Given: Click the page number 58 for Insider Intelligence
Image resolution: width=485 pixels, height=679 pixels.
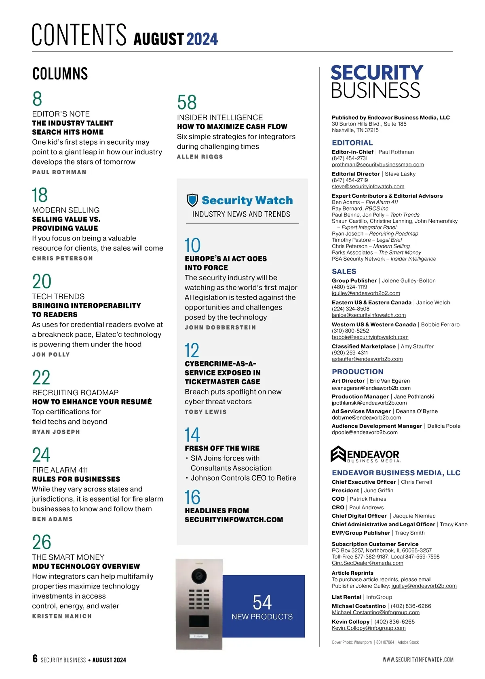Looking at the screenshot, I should point(187,102).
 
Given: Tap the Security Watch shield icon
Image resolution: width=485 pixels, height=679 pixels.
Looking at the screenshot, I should point(192,200).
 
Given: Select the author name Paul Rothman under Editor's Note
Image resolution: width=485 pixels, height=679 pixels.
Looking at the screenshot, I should point(59,172).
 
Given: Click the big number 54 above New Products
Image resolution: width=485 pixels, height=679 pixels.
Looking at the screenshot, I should point(262,603).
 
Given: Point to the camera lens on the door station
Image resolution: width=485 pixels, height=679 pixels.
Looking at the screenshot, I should point(199,576).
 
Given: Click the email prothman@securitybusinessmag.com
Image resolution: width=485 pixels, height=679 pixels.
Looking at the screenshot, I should point(377,164).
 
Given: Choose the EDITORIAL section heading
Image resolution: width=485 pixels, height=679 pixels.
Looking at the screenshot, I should point(352,143).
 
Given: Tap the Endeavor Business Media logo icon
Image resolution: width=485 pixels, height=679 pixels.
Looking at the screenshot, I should point(338,454).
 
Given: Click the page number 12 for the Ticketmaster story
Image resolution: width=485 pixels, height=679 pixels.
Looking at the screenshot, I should point(192,350).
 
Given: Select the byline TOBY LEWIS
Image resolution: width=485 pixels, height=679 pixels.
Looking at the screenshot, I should point(205,412).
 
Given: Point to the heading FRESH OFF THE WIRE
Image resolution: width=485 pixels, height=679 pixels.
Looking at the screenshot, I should point(222,448).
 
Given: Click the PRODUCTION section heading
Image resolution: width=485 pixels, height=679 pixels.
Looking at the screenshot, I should point(357,371).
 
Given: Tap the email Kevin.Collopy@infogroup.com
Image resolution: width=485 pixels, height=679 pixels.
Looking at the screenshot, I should point(368,628).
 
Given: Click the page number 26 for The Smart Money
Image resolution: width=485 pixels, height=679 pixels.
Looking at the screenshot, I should point(42,542).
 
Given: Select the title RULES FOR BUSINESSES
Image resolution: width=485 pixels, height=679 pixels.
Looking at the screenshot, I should point(76,479).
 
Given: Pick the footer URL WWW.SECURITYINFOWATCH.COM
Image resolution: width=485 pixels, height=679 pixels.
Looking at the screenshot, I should point(418,660).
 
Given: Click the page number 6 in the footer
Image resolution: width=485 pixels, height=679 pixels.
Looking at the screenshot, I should point(35,659).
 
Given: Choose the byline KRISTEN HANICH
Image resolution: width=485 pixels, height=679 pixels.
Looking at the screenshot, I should point(62,616).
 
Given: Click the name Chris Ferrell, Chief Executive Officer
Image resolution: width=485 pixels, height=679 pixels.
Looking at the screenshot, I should point(416,482).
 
